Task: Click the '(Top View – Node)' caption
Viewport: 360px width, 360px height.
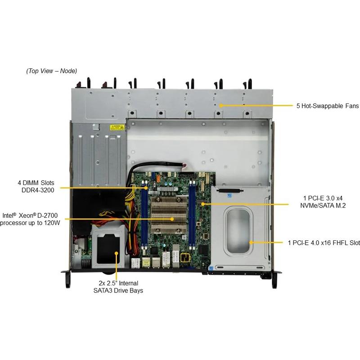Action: coord(52,71)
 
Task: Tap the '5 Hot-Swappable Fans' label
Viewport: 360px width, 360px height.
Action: coord(328,106)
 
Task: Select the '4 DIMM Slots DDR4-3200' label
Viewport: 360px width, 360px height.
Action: coord(36,186)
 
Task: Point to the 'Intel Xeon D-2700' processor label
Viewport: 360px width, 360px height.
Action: coord(30,219)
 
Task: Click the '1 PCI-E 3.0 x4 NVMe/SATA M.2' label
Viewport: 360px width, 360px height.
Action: coord(323,202)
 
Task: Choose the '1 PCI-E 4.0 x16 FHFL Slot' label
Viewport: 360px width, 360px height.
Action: coord(324,243)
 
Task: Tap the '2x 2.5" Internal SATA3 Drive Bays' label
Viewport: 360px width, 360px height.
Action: coord(118,287)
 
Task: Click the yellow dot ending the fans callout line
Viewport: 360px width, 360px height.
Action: coord(220,106)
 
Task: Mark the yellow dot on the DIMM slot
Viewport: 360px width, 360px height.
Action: coord(146,188)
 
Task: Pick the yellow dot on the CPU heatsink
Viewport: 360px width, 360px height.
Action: coord(172,219)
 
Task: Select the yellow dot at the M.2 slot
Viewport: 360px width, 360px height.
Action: coord(203,204)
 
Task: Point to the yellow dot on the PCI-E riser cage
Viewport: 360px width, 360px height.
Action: coord(251,242)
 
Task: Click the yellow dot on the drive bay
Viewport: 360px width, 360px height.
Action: coord(117,253)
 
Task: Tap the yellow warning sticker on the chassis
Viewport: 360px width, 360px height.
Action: coord(117,127)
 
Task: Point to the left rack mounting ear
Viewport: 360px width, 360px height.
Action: coord(66,278)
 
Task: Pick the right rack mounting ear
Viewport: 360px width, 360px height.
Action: coord(275,279)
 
